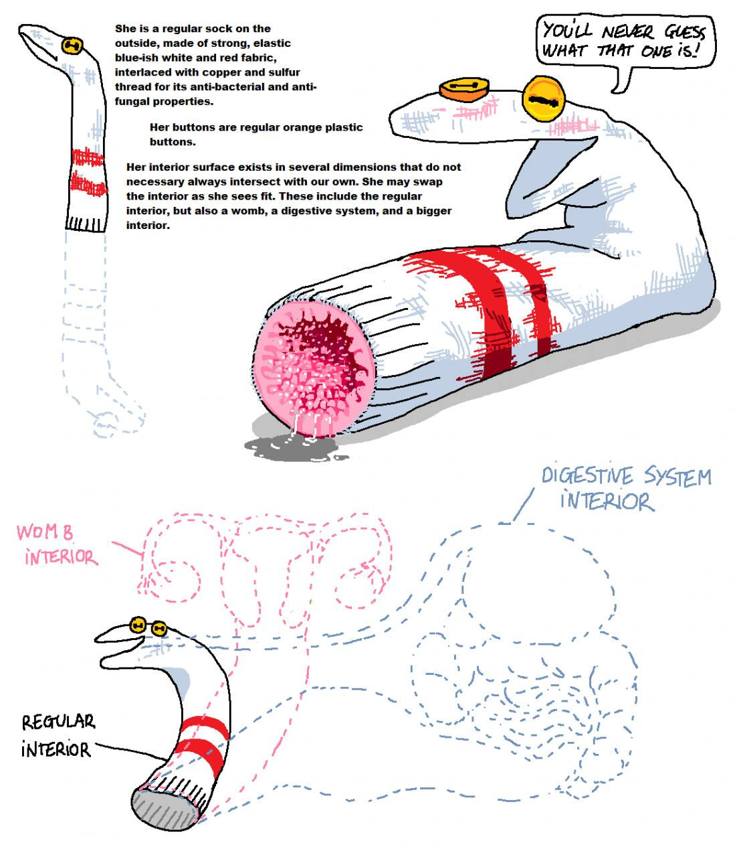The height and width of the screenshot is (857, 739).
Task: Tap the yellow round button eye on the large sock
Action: (x=545, y=100)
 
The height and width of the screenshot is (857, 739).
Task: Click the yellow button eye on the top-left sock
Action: (x=72, y=46)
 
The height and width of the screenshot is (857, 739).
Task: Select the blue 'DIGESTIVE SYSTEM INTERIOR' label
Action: (x=625, y=487)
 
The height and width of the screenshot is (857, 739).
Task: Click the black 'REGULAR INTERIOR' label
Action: (x=58, y=735)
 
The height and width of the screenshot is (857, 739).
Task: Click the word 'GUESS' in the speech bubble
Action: (x=684, y=32)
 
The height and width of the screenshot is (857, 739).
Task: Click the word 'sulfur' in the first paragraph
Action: (x=283, y=72)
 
